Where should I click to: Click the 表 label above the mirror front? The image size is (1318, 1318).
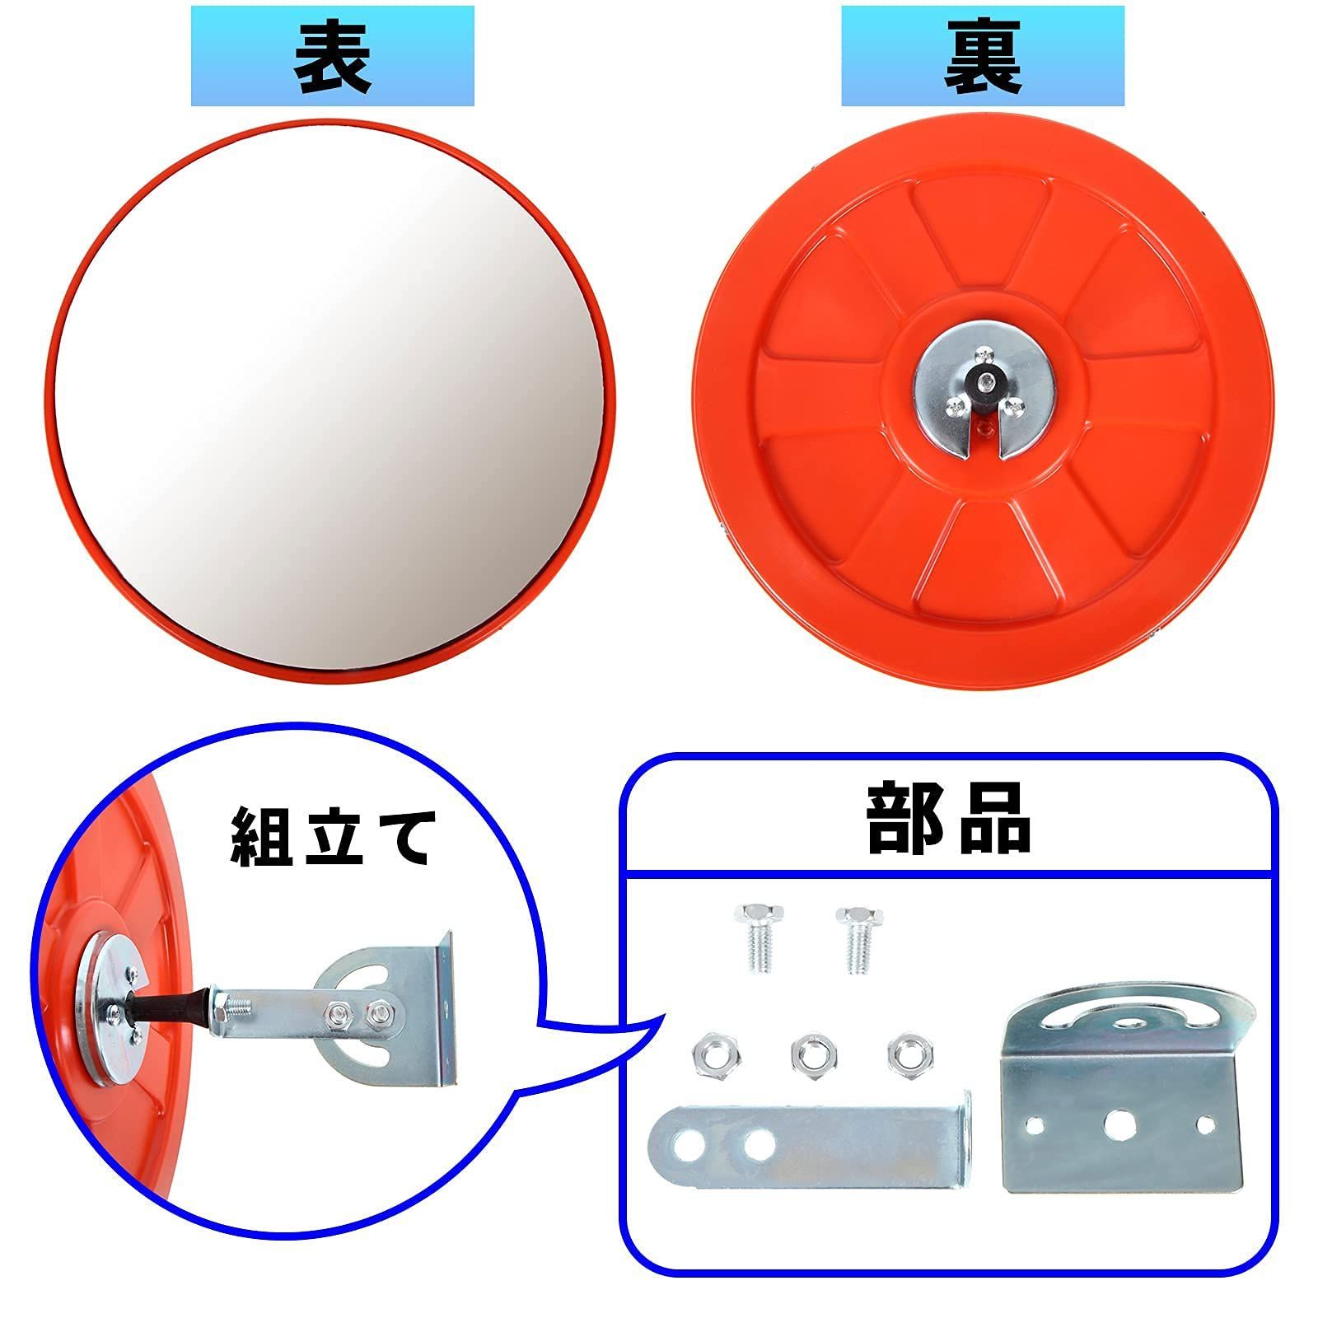pyautogui.click(x=332, y=55)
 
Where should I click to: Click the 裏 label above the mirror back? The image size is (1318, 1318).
pyautogui.click(x=982, y=55)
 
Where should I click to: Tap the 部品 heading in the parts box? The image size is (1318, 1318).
pyautogui.click(x=948, y=820)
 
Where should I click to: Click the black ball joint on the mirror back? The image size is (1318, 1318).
pyautogui.click(x=984, y=380)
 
